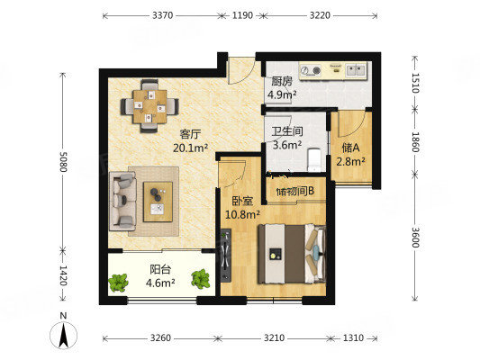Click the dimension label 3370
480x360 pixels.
tap(162, 15)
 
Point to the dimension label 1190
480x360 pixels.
tap(242, 15)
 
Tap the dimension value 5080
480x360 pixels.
tap(63, 161)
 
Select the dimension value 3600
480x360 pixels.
tap(415, 238)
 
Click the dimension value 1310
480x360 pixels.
tap(353, 338)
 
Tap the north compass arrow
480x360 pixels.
tap(63, 336)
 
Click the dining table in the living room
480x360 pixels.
tap(149, 106)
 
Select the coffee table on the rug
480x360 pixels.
tap(158, 202)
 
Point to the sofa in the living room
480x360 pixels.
tap(122, 201)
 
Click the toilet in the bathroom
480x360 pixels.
tap(313, 159)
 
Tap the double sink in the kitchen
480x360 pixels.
tap(356, 70)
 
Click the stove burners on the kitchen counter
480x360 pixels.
tap(311, 71)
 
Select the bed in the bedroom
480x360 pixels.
tap(292, 254)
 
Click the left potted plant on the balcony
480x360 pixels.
tap(118, 282)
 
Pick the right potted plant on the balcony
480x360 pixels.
tap(201, 278)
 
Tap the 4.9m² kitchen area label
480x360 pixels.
tap(282, 94)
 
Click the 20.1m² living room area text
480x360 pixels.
tap(190, 148)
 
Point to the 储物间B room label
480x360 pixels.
tap(295, 192)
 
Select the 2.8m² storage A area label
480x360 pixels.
tap(350, 161)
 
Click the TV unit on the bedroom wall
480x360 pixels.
tap(226, 255)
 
